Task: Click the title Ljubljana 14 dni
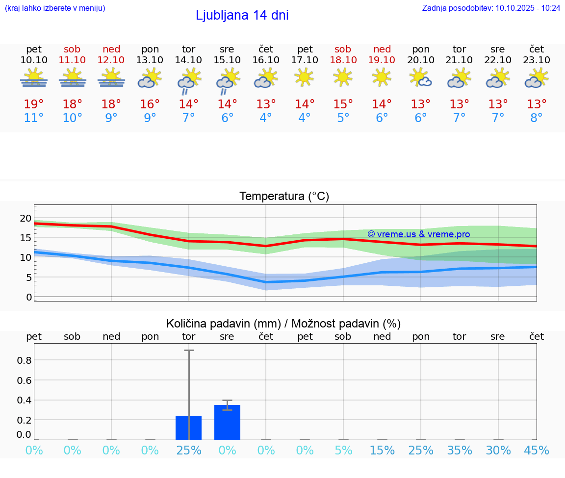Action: click(x=242, y=15)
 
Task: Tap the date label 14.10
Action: click(x=188, y=60)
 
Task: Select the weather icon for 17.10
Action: click(x=304, y=76)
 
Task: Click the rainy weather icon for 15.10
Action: click(x=227, y=81)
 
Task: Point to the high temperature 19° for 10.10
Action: click(x=34, y=104)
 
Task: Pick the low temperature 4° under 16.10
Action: click(x=265, y=118)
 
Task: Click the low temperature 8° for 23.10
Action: click(x=537, y=118)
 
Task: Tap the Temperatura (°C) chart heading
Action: click(x=284, y=197)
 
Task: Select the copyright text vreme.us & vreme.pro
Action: click(x=419, y=234)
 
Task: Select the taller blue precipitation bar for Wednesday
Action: click(x=227, y=422)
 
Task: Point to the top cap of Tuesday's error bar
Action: click(x=189, y=351)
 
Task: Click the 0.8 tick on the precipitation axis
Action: click(x=25, y=360)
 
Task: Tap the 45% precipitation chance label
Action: click(x=537, y=451)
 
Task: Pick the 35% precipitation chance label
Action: click(x=460, y=451)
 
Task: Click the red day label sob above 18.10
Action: click(x=343, y=49)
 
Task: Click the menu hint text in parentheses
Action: click(x=55, y=8)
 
